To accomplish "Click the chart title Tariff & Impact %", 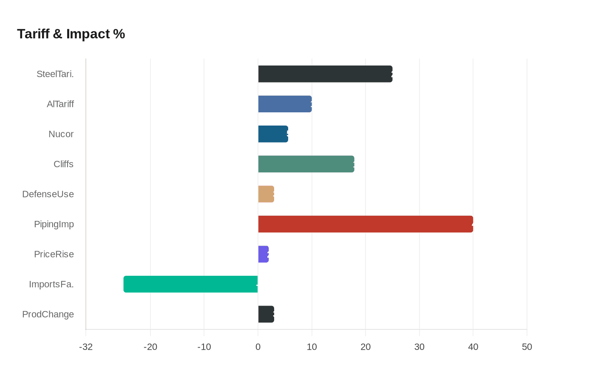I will click(x=71, y=34).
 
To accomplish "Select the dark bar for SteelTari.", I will click(x=325, y=74).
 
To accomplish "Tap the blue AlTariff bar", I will click(x=285, y=104).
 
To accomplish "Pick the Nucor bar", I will click(x=273, y=134).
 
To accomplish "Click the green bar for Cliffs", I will click(x=306, y=164).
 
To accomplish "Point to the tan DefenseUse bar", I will click(x=266, y=194).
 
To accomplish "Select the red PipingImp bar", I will click(x=365, y=224).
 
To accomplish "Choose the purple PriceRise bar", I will click(x=263, y=254).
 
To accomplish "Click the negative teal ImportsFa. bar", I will click(x=190, y=284).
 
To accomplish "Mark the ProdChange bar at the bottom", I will click(x=266, y=314).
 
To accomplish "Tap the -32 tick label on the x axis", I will click(x=86, y=347).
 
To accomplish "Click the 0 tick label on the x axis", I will click(x=258, y=347).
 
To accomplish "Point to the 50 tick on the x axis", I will click(x=527, y=347).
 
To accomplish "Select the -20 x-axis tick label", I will click(x=150, y=347).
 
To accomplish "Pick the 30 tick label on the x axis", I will click(x=419, y=347).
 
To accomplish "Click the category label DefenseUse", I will click(x=48, y=194).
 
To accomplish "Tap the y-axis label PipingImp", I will click(x=54, y=224).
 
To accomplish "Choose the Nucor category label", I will click(x=61, y=134).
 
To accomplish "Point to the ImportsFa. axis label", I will click(x=51, y=284).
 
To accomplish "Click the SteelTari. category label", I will click(x=55, y=74).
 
